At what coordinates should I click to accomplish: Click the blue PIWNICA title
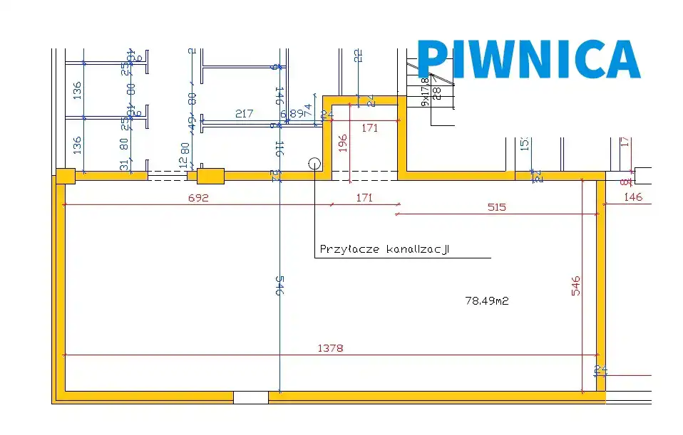click(528, 59)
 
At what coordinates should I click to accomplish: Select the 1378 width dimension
click(330, 348)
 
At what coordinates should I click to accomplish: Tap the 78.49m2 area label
click(487, 301)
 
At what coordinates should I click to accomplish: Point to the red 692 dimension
click(198, 199)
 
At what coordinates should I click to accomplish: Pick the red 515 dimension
click(496, 207)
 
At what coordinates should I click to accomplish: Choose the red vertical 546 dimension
click(576, 285)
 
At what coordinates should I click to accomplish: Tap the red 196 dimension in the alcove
click(343, 143)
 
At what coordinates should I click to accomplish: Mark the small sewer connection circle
click(314, 162)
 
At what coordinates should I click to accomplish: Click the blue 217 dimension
click(245, 114)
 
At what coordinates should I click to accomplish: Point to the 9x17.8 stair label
click(426, 93)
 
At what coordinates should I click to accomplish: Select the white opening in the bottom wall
click(250, 397)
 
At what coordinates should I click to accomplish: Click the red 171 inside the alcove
click(369, 128)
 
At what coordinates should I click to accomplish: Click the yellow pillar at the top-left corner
click(66, 176)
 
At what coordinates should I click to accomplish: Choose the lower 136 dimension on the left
click(77, 145)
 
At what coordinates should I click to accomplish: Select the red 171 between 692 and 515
click(364, 199)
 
